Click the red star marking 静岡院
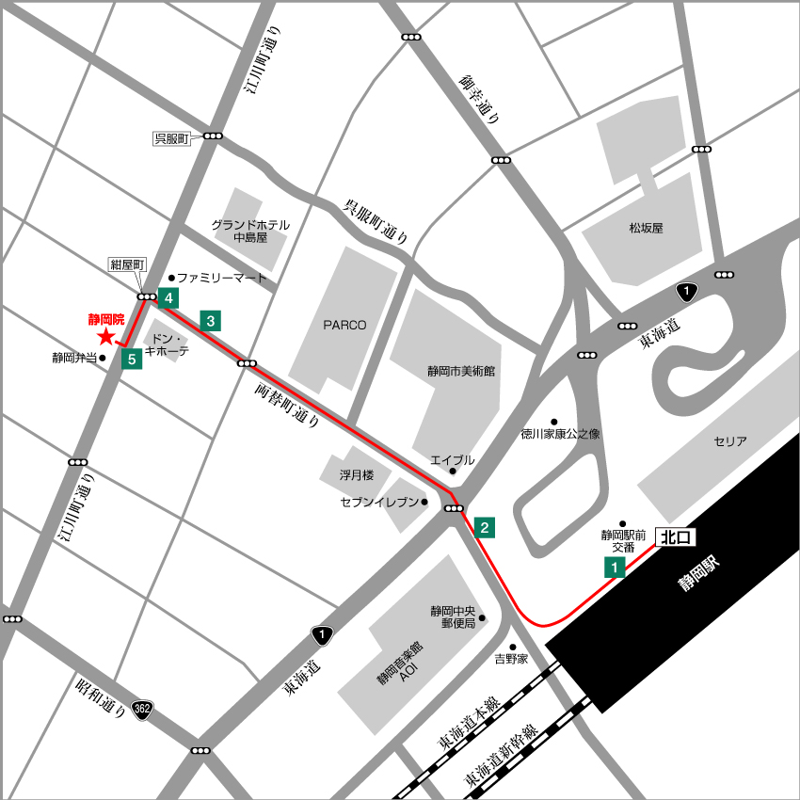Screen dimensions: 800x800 [x=105, y=337]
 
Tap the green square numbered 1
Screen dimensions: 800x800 [x=614, y=567]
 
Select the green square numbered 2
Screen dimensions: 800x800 [x=484, y=527]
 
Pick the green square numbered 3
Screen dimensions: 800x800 [x=211, y=321]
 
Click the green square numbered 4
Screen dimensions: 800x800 [x=168, y=299]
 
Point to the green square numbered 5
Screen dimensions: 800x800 [x=132, y=358]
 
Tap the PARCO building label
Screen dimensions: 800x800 [x=344, y=325]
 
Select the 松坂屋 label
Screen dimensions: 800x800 [x=647, y=228]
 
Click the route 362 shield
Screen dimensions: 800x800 [x=142, y=709]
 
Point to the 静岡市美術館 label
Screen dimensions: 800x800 [x=460, y=372]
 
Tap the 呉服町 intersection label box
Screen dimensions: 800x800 [x=172, y=138]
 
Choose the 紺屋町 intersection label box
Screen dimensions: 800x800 [x=125, y=264]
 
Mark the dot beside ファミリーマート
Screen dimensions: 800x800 [x=171, y=278]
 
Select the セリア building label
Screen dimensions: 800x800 [x=730, y=440]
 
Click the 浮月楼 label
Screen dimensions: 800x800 [x=357, y=475]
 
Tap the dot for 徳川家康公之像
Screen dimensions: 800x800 [x=554, y=422]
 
